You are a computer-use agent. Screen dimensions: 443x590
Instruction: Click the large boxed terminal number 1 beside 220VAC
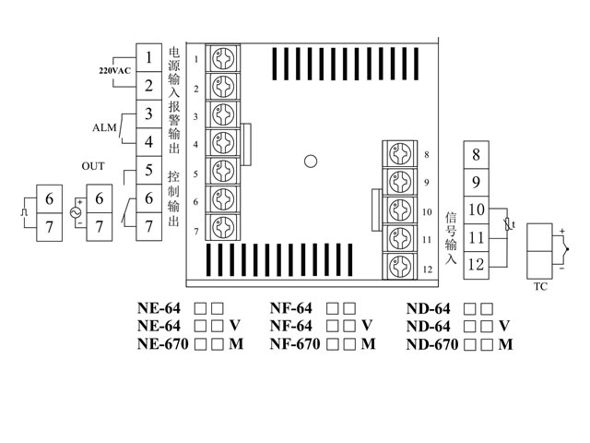pyautogui.click(x=148, y=57)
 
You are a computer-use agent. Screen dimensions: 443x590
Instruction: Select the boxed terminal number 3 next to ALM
pyautogui.click(x=148, y=114)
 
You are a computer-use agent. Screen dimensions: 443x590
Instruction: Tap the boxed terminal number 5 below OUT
pyautogui.click(x=148, y=171)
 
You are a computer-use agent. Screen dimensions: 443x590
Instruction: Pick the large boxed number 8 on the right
pyautogui.click(x=475, y=155)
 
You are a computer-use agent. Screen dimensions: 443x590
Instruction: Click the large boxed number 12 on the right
pyautogui.click(x=475, y=265)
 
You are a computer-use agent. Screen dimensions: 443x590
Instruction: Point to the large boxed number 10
pyautogui.click(x=475, y=210)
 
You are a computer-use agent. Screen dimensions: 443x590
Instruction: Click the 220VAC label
pyautogui.click(x=115, y=71)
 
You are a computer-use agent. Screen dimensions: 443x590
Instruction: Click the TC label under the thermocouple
pyautogui.click(x=541, y=287)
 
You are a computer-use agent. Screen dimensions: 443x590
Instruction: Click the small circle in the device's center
pyautogui.click(x=311, y=162)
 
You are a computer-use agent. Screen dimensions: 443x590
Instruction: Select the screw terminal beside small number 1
pyautogui.click(x=222, y=59)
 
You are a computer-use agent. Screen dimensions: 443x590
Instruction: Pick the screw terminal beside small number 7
pyautogui.click(x=222, y=227)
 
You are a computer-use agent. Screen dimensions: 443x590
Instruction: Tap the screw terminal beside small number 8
pyautogui.click(x=399, y=153)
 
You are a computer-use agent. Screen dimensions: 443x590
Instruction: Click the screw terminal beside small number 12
pyautogui.click(x=399, y=267)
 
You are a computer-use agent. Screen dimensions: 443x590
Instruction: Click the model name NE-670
pyautogui.click(x=162, y=345)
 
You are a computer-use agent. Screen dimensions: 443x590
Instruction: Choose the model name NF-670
pyautogui.click(x=295, y=345)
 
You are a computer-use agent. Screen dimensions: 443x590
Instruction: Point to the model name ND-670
pyautogui.click(x=431, y=345)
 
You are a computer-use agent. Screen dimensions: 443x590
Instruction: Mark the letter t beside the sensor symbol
pyautogui.click(x=513, y=224)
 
